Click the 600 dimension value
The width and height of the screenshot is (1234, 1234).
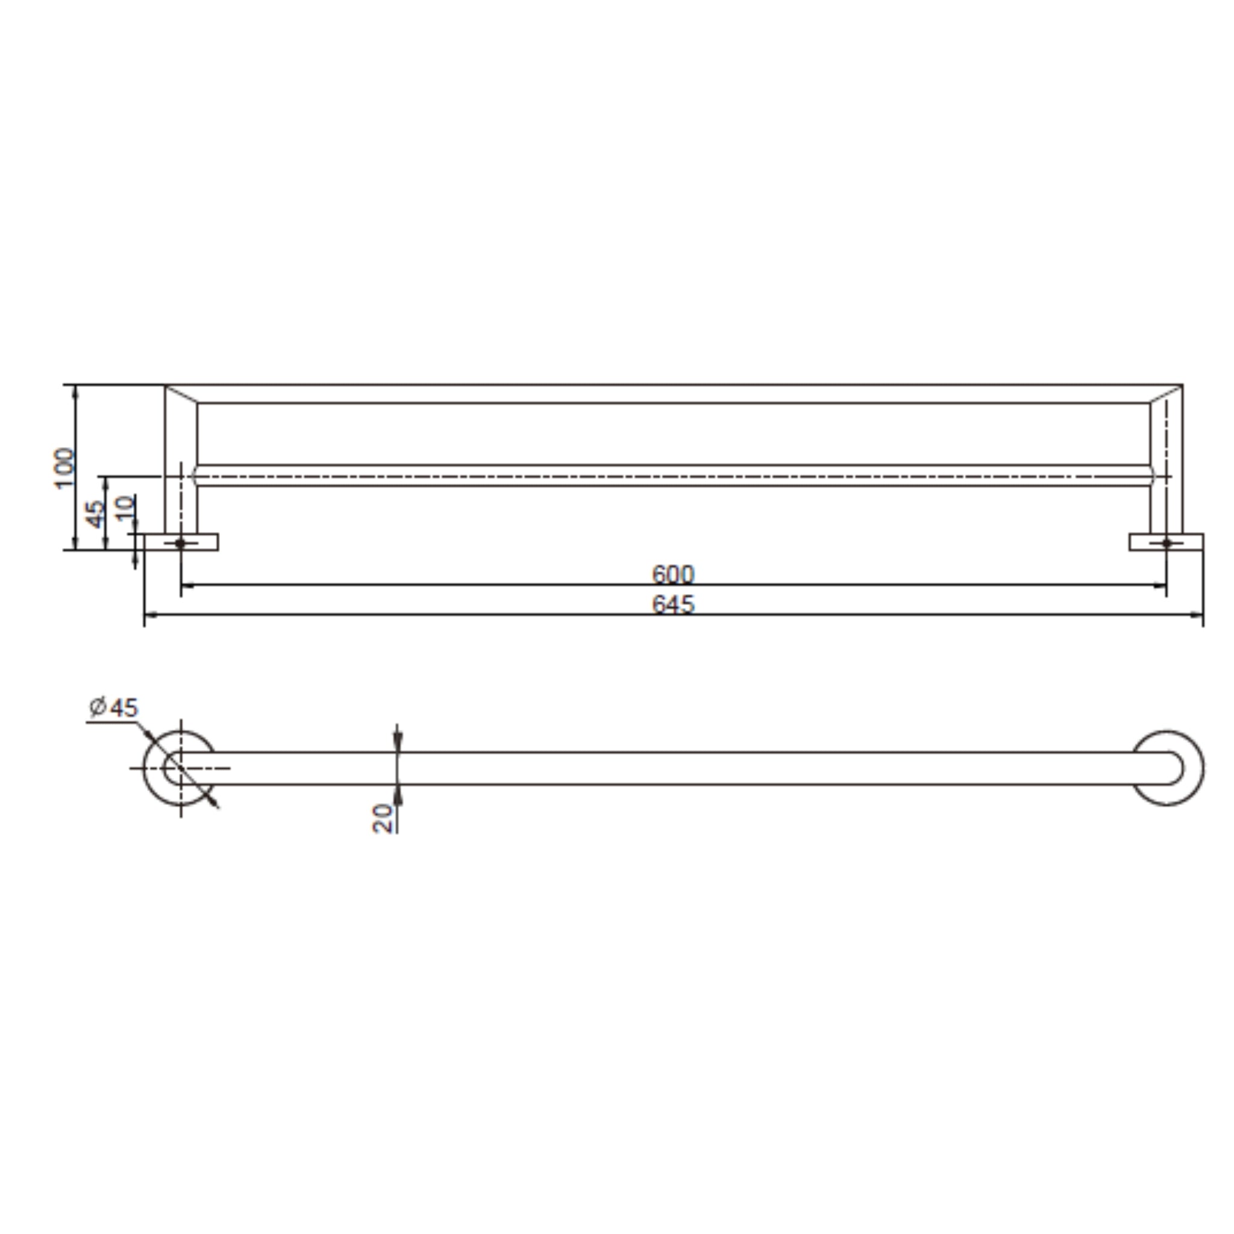672,574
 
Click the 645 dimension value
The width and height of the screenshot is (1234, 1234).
672,604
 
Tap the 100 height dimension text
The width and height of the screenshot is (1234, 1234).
64,468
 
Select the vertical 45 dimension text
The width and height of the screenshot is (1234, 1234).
95,514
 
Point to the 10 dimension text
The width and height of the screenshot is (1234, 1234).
125,509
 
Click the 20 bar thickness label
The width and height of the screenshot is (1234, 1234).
383,818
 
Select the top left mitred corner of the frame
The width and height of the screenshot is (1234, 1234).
181,394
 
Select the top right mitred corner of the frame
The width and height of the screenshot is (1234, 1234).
1166,394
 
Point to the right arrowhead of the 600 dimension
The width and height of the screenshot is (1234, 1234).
1160,584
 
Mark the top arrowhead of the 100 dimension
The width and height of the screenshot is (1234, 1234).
76,390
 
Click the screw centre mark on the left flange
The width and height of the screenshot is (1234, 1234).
180,543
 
